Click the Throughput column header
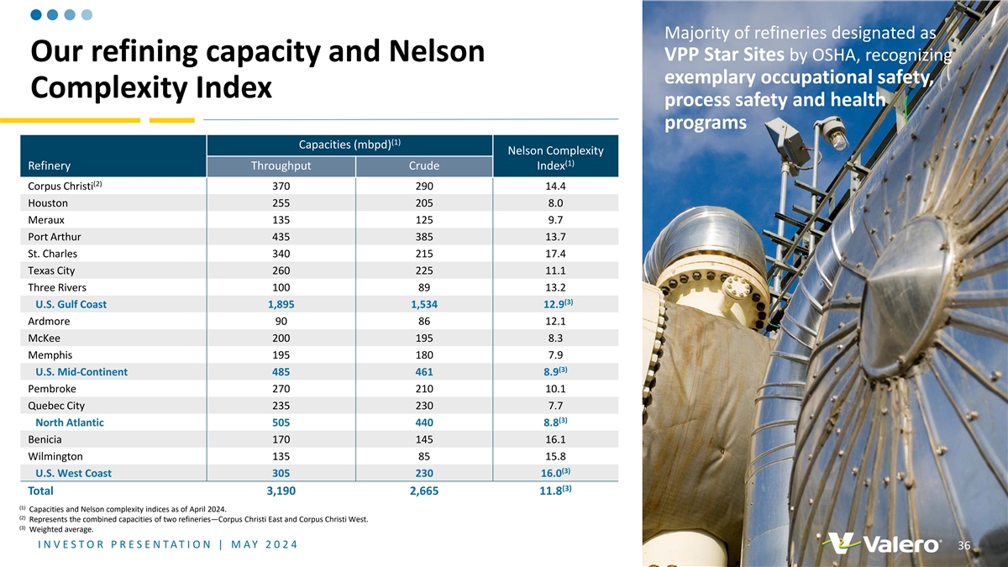tap(281, 166)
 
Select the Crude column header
tap(423, 166)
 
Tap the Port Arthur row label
tap(55, 237)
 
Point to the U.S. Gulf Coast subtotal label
tap(71, 304)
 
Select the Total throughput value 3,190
tap(281, 491)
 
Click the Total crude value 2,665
tap(423, 491)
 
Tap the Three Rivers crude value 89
tap(423, 287)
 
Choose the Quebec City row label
tap(56, 406)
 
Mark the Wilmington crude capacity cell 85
tap(423, 456)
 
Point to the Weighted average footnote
tap(60, 529)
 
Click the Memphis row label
tap(50, 355)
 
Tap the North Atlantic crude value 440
tap(423, 423)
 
